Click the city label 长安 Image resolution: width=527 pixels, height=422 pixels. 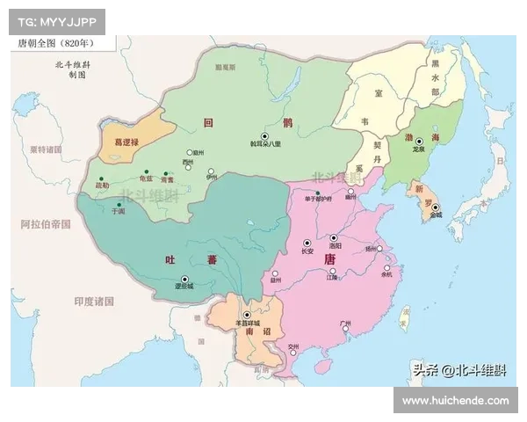(307, 251)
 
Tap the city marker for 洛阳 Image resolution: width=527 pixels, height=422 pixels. (334, 238)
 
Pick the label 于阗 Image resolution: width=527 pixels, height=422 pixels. (119, 212)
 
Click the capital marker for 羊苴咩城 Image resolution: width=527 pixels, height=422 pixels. (247, 315)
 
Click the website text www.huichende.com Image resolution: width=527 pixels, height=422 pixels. (455, 400)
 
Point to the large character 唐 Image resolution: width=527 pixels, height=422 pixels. (330, 260)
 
